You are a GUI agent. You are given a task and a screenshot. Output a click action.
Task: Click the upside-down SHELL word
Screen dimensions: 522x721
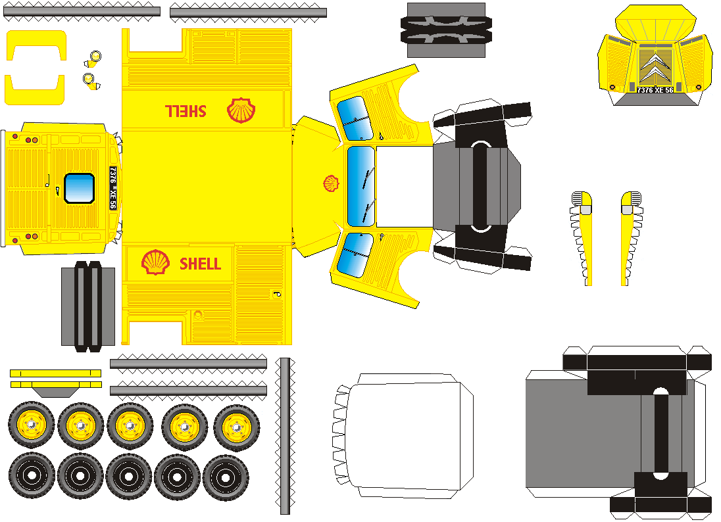(185, 110)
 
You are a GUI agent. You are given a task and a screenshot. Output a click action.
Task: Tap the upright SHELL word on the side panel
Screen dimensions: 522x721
(200, 264)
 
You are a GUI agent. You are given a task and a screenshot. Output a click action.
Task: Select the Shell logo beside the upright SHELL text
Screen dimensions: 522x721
(155, 262)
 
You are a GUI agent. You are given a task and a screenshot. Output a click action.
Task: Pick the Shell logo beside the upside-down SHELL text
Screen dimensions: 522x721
(241, 110)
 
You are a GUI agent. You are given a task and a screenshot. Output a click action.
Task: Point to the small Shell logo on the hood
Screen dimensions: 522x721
(330, 183)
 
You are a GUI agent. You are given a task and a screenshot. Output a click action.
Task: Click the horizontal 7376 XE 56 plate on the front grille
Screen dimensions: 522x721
(655, 89)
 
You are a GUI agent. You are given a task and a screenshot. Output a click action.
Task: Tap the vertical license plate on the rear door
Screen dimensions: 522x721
(112, 187)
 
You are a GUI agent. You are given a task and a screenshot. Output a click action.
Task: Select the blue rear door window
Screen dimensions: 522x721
(80, 187)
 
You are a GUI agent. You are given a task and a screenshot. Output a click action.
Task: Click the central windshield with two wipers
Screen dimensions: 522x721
(360, 187)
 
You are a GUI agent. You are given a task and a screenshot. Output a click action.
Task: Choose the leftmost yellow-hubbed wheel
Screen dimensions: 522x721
(32, 426)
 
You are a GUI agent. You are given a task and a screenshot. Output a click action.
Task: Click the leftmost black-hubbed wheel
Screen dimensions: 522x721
(32, 475)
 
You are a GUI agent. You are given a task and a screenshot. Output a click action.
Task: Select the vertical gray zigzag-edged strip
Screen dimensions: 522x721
(285, 437)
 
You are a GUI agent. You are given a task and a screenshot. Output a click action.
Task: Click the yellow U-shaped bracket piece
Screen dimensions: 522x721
(36, 67)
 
